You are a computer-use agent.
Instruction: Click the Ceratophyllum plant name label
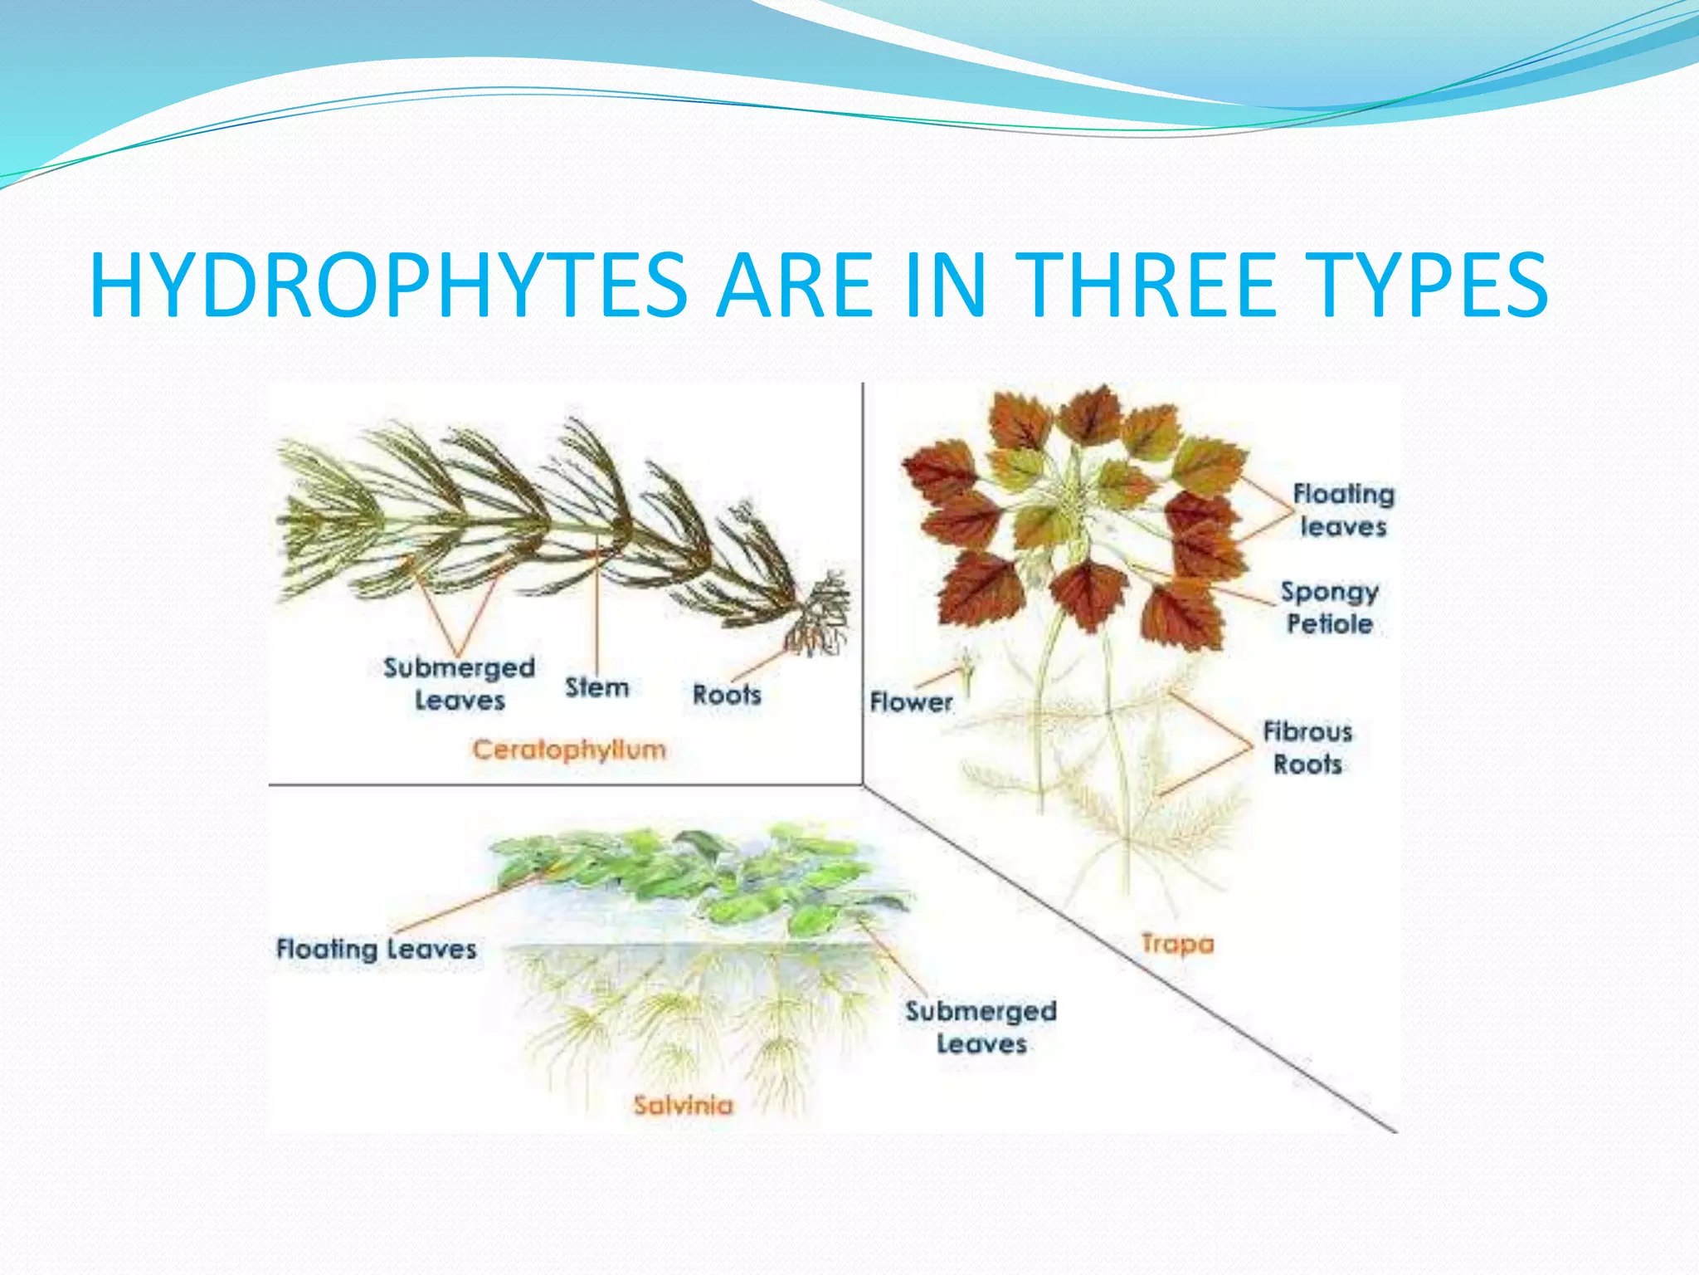(x=569, y=750)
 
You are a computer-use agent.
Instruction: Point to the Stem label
(x=596, y=687)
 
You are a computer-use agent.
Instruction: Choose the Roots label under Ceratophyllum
(x=727, y=694)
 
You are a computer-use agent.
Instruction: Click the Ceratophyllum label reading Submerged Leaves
(x=459, y=684)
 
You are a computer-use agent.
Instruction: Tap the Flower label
(x=911, y=702)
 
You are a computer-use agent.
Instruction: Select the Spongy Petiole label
(x=1329, y=608)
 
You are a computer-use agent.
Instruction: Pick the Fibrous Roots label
(x=1307, y=747)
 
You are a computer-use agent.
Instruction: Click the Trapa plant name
(x=1177, y=944)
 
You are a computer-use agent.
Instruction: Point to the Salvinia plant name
(x=683, y=1105)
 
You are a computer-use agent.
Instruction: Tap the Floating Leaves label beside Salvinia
(x=376, y=949)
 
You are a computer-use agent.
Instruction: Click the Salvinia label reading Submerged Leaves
(x=981, y=1027)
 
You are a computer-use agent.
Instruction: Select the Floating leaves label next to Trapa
(x=1343, y=510)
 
